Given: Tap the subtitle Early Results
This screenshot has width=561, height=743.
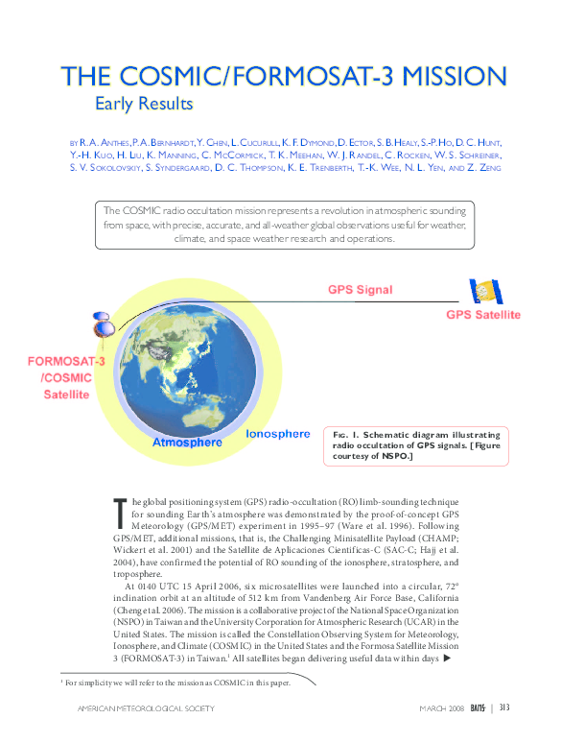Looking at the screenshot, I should pos(144,103).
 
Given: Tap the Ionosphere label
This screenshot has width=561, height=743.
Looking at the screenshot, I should pos(278,434).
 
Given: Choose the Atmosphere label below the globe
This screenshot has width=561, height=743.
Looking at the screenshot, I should pos(188,443).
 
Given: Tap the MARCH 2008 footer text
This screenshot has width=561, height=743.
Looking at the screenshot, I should pos(442,708).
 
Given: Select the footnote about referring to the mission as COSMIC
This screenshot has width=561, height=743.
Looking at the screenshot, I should pos(175,683).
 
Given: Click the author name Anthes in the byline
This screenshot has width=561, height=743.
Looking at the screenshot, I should pos(110,141).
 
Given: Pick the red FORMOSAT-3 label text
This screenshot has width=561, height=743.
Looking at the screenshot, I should pos(66,362).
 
